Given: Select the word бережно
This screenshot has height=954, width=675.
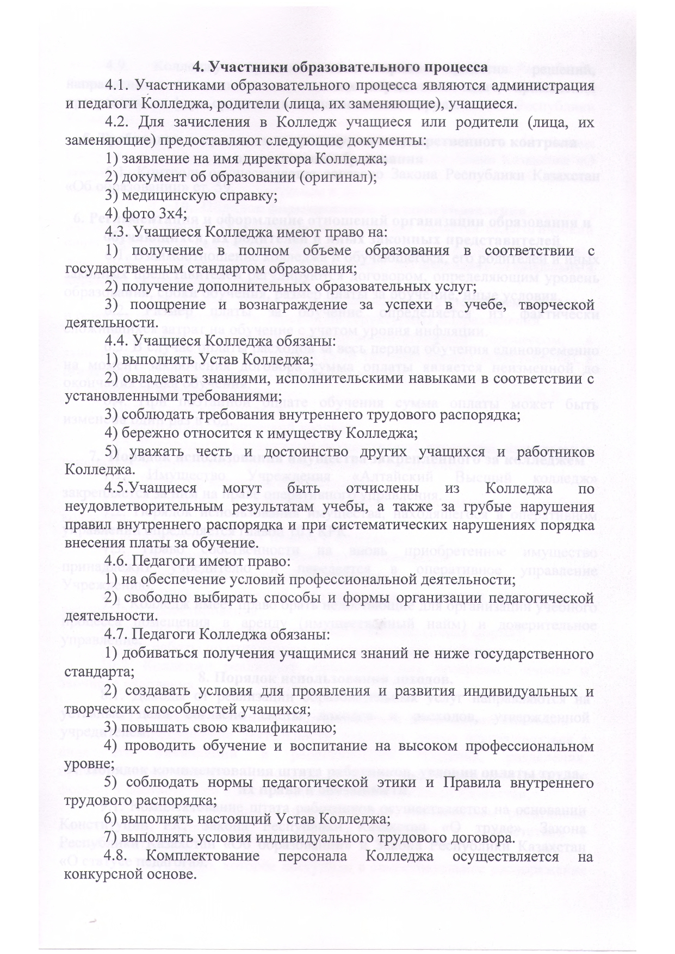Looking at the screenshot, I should (x=148, y=433).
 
